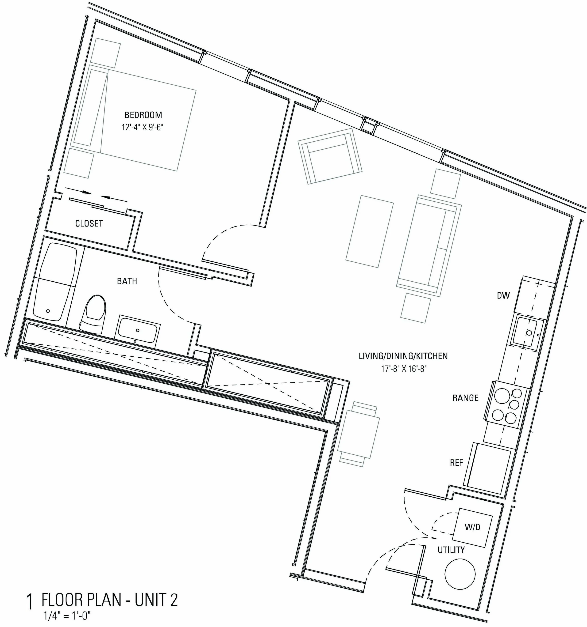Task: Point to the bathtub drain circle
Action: tap(48, 311)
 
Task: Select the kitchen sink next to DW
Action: tap(526, 332)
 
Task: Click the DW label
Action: tap(503, 295)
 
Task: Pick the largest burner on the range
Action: tap(502, 396)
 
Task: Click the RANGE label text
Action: tap(465, 398)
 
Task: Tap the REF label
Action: tap(456, 463)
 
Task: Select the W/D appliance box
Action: tap(472, 528)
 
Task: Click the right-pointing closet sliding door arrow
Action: tap(78, 190)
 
